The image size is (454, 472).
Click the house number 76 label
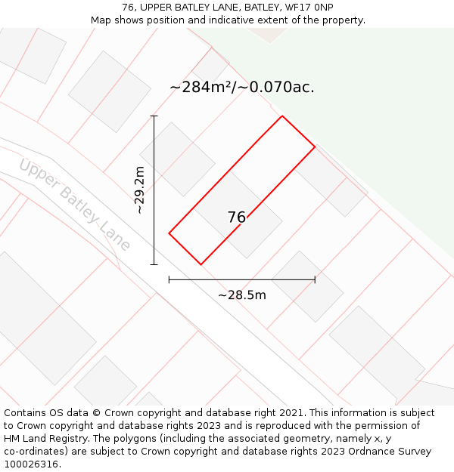coord(236,217)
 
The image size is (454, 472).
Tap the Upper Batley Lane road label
coord(74,204)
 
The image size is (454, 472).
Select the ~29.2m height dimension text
coord(140,190)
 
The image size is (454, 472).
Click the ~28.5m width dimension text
coord(242,295)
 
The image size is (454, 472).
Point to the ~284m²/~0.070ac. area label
coord(242,88)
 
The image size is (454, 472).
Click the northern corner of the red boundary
coord(282,116)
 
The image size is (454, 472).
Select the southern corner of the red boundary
coord(201,264)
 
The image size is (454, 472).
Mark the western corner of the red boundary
coord(169,233)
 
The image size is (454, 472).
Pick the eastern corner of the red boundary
coord(315,147)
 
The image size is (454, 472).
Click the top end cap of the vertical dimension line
coord(154,116)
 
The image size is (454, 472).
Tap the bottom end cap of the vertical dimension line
coord(154,264)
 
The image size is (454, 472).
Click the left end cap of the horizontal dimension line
coord(169,279)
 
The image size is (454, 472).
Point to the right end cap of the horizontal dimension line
coord(315,279)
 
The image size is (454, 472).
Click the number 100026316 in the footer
coord(31,464)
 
